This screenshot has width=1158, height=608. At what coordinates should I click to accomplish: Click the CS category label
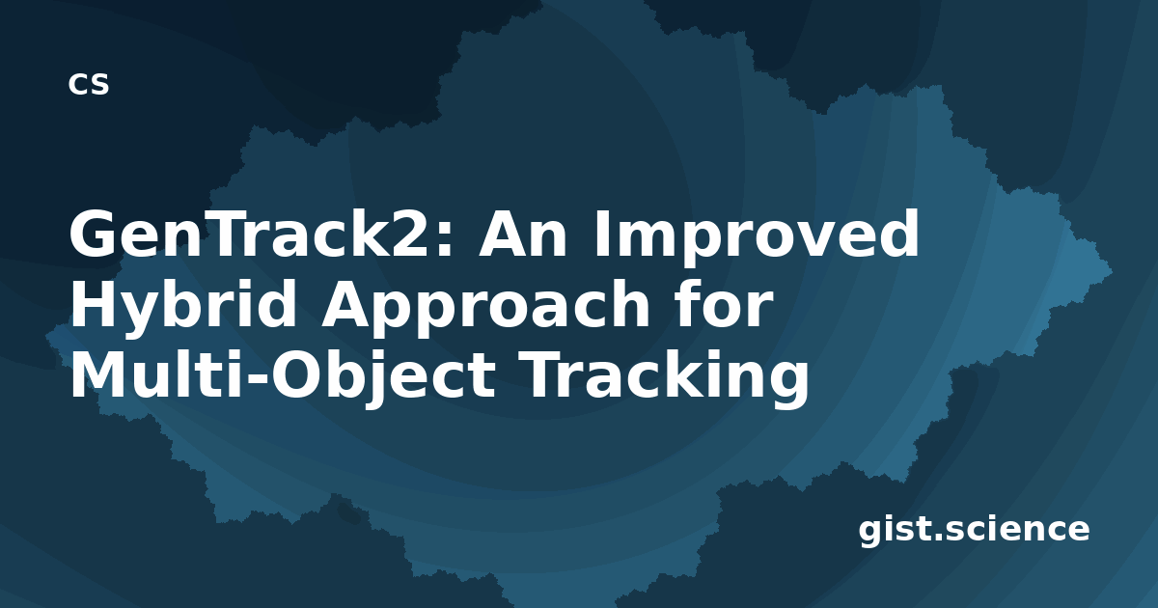click(x=89, y=84)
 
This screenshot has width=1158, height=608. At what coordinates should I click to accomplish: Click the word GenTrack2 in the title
click(x=256, y=234)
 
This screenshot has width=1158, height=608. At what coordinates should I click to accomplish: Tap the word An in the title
click(x=523, y=234)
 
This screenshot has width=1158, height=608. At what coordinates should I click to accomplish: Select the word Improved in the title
click(x=757, y=236)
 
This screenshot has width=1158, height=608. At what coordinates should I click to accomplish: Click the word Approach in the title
click(x=485, y=308)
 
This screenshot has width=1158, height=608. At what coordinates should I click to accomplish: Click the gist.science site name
click(x=974, y=531)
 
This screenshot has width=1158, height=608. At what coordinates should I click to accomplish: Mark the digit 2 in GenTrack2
click(x=409, y=233)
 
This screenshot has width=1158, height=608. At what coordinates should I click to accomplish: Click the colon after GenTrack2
click(x=444, y=240)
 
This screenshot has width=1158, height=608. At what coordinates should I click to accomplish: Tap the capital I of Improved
click(x=602, y=234)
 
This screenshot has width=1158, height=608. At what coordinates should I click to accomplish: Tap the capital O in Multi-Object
click(x=297, y=374)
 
